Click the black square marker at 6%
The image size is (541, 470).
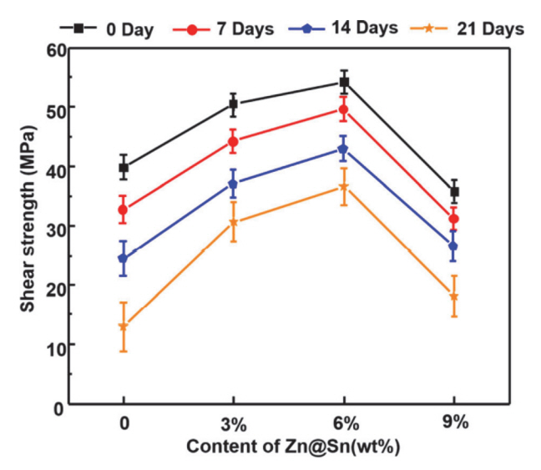(x=343, y=82)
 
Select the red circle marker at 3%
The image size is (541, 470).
(x=233, y=142)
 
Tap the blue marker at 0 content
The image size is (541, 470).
(x=124, y=258)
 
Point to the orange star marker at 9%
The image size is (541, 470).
(x=454, y=296)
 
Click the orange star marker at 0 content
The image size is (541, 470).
(x=124, y=326)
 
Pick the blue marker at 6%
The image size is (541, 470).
(x=343, y=149)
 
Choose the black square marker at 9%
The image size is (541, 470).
(x=454, y=192)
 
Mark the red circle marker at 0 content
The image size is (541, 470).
(x=124, y=210)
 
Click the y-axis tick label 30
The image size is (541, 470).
(x=54, y=226)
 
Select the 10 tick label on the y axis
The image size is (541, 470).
(x=54, y=345)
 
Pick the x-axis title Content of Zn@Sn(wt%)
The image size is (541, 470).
(x=293, y=447)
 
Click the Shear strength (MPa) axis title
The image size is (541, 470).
(x=28, y=226)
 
